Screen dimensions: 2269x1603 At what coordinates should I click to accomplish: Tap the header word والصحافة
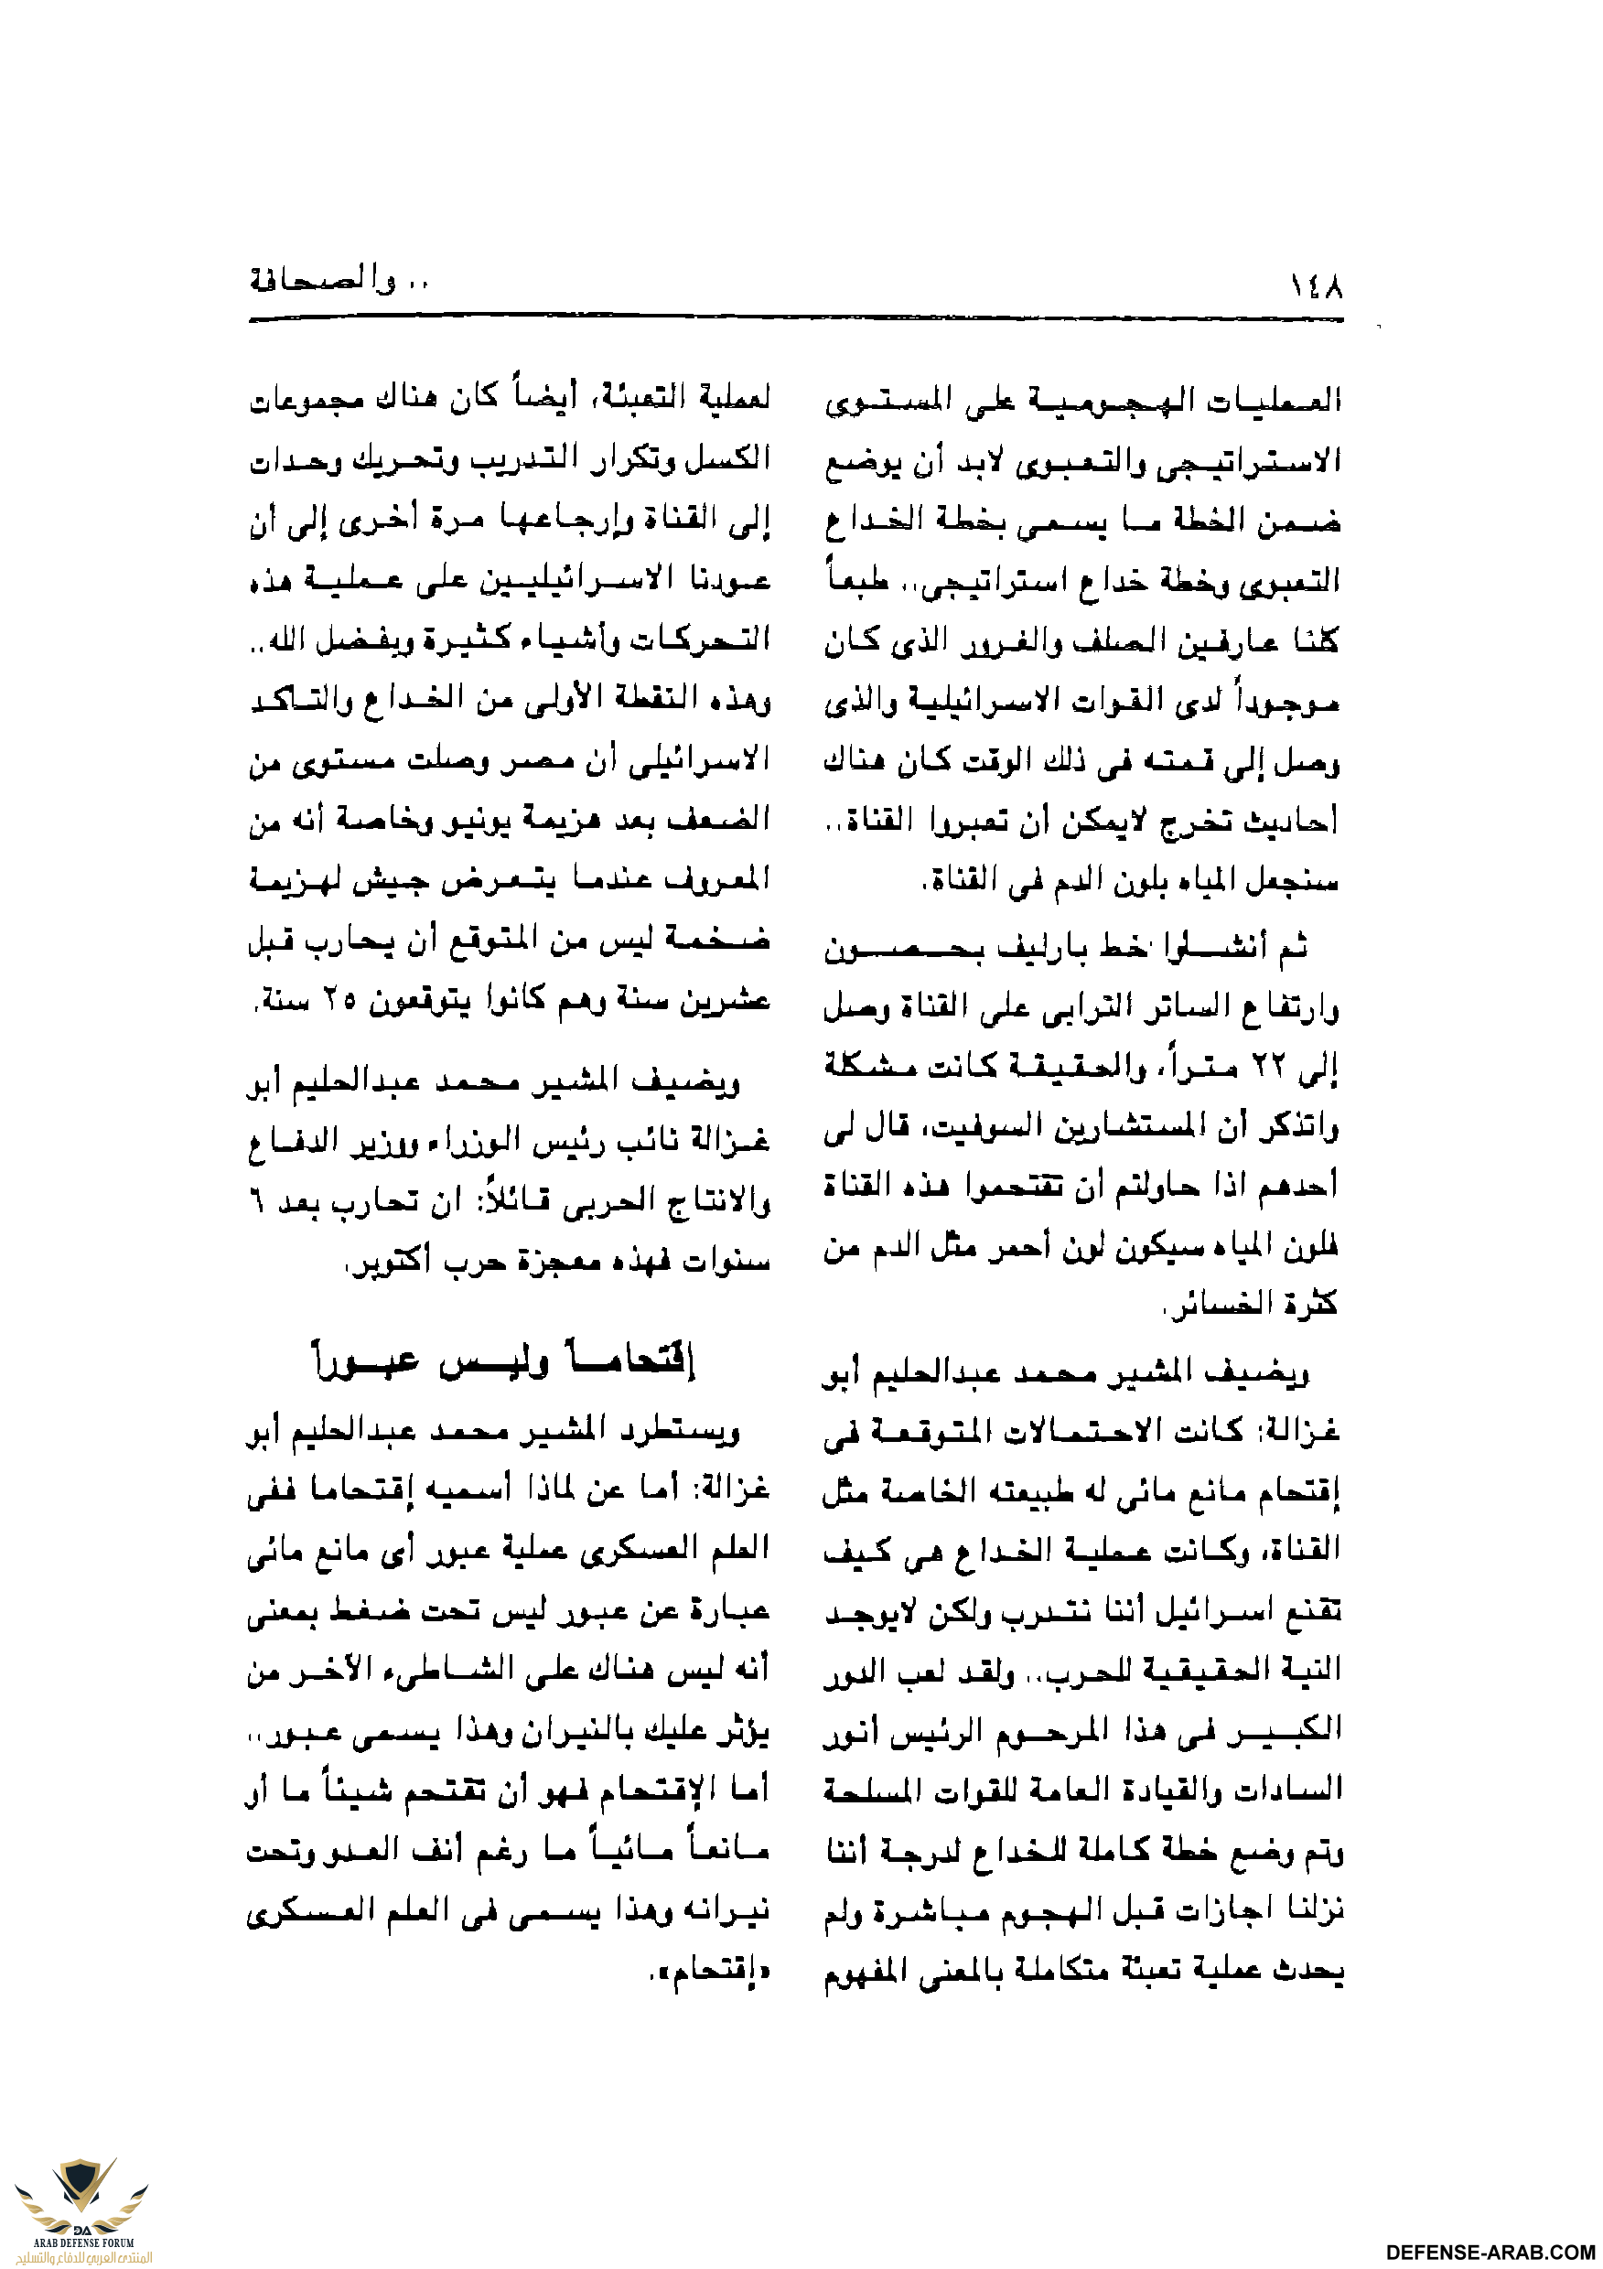point(322,282)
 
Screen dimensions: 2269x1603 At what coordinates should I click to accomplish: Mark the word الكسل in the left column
point(732,458)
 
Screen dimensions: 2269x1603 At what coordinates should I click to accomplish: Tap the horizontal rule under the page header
point(796,319)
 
